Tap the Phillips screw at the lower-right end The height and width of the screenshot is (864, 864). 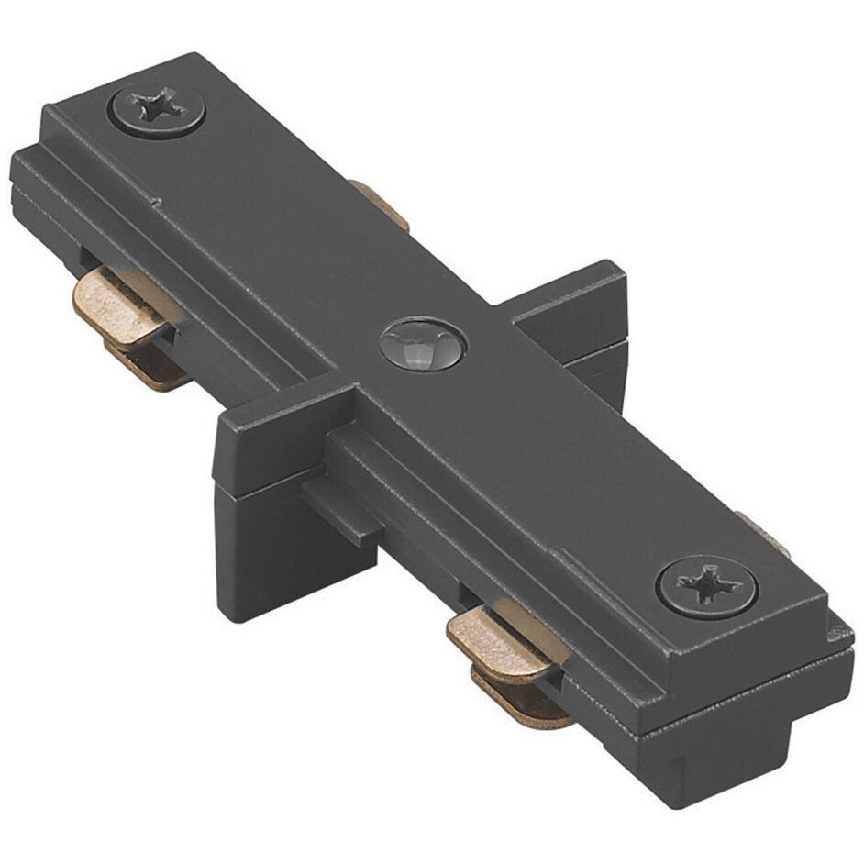705,584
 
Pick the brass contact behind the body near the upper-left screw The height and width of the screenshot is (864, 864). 380,204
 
